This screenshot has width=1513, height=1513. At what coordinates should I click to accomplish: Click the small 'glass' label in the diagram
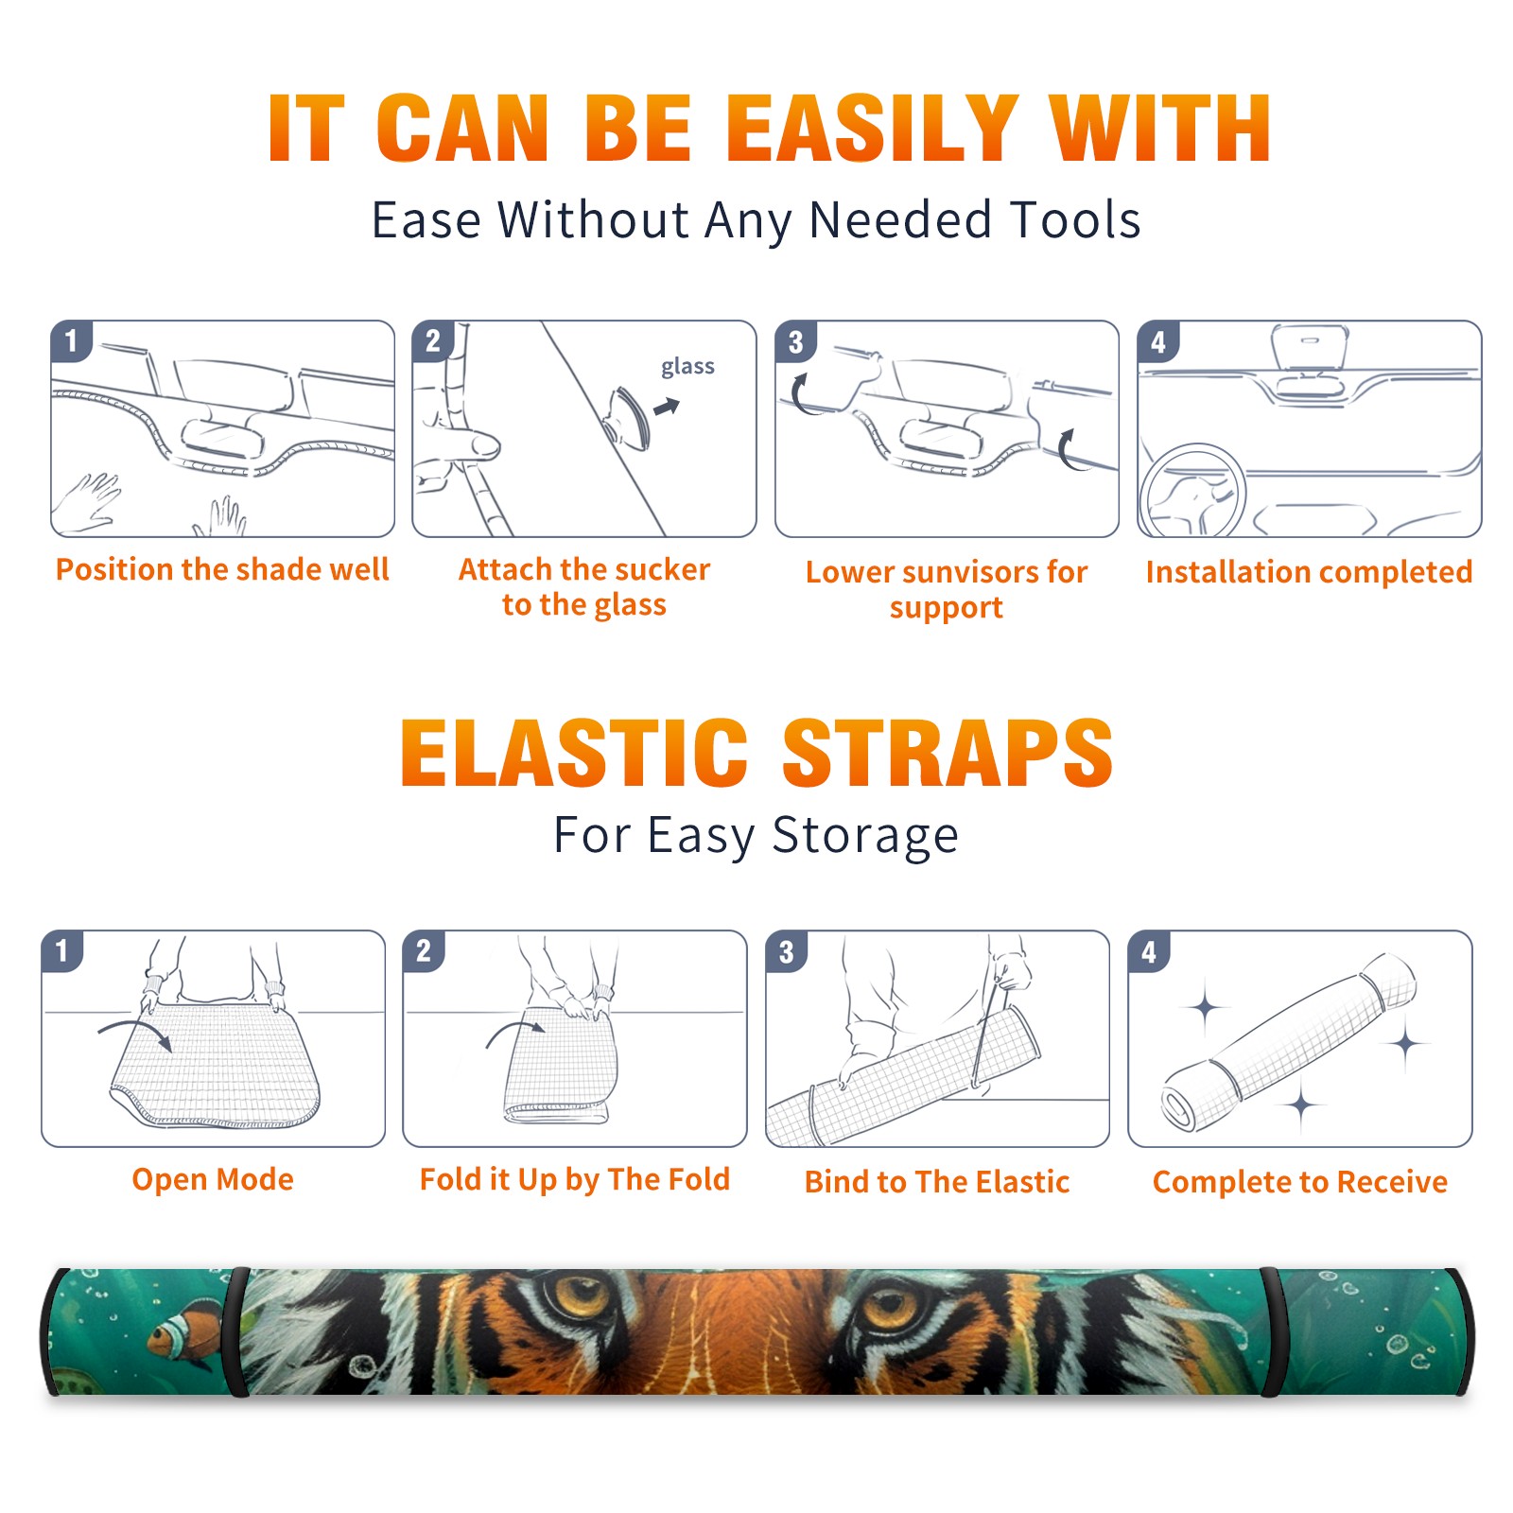pyautogui.click(x=687, y=367)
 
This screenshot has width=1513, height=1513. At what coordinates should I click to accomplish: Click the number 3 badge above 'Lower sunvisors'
pyautogui.click(x=795, y=341)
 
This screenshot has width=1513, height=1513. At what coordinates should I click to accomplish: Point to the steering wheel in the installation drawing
pyautogui.click(x=1192, y=491)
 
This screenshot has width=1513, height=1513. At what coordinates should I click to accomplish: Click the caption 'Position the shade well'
pyautogui.click(x=222, y=569)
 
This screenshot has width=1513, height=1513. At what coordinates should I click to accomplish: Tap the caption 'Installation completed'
pyautogui.click(x=1309, y=571)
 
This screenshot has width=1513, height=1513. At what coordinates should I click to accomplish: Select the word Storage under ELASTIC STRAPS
pyautogui.click(x=865, y=836)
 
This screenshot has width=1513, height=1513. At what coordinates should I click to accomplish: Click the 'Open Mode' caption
pyautogui.click(x=213, y=1179)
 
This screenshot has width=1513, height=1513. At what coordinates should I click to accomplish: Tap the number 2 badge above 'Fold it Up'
pyautogui.click(x=424, y=950)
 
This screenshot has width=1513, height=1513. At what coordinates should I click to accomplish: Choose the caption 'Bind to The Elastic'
pyautogui.click(x=937, y=1181)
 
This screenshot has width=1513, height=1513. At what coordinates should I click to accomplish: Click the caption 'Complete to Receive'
pyautogui.click(x=1300, y=1181)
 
